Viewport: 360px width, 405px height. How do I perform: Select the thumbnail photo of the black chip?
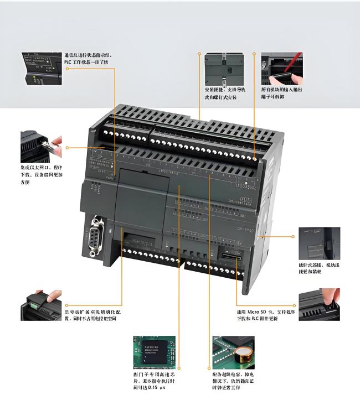coord(153,351)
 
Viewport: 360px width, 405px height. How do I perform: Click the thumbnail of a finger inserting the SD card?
coord(319,304)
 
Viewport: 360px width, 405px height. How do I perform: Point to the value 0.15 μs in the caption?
coord(156,388)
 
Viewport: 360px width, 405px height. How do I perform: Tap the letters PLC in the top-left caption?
coord(69,63)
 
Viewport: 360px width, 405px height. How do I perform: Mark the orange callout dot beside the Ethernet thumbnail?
coord(67,148)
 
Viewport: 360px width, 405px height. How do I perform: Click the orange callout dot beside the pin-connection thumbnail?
coord(294,236)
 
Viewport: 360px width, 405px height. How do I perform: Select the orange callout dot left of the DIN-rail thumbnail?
coord(199,54)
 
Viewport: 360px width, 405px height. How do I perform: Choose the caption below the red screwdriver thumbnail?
coord(282,92)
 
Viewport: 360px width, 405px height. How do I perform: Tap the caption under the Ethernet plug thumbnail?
coord(42,174)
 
